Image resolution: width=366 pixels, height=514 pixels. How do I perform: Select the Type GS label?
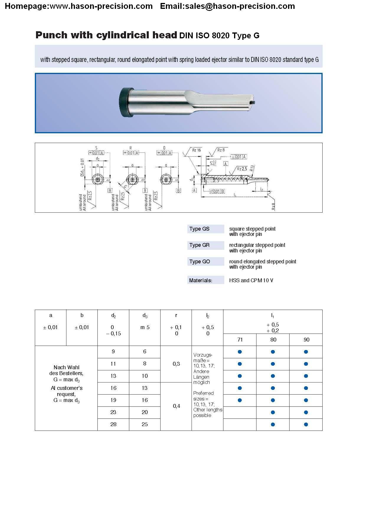(x=200, y=229)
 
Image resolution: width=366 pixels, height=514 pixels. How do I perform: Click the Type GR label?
(x=200, y=245)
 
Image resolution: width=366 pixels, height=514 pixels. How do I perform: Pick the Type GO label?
(x=200, y=262)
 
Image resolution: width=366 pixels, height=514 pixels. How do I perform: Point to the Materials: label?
(x=201, y=280)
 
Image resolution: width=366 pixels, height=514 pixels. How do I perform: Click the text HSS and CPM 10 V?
(x=251, y=280)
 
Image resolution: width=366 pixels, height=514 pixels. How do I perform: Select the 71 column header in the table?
(x=240, y=340)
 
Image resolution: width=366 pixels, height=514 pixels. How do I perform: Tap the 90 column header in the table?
(x=306, y=340)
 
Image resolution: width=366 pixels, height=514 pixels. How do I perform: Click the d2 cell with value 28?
(x=113, y=424)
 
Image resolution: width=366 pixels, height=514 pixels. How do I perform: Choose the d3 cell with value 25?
(x=145, y=424)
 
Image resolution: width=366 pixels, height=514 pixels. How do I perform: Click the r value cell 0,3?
(x=176, y=364)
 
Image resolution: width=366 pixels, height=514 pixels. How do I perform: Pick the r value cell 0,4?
(x=176, y=406)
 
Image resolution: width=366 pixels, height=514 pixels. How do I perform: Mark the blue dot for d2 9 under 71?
(x=240, y=352)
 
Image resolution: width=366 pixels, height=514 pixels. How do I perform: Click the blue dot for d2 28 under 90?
(x=306, y=424)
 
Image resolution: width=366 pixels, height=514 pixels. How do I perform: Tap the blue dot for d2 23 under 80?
(x=273, y=412)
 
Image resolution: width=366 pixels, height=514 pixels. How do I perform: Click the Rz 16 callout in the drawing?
(x=197, y=150)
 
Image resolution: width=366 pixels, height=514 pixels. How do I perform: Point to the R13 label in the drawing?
(x=252, y=168)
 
